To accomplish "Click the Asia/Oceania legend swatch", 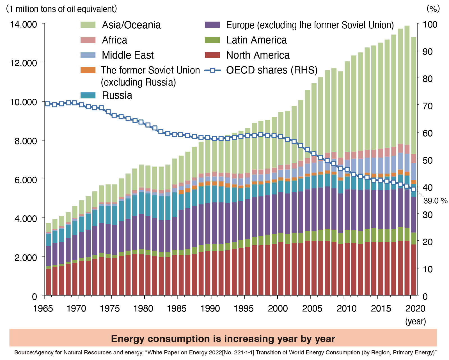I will (x=88, y=25).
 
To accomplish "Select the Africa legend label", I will (x=114, y=40).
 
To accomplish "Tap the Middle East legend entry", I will (x=128, y=55).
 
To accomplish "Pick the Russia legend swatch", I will (x=88, y=95).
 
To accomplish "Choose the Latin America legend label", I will (x=256, y=40).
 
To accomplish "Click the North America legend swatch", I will (x=212, y=55).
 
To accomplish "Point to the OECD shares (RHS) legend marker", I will (x=212, y=70).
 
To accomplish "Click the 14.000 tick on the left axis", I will (x=24, y=24).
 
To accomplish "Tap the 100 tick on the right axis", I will (x=430, y=24).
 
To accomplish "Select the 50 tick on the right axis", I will (x=428, y=160).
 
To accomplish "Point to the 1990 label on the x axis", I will (x=210, y=308).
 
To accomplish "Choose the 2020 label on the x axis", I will (x=416, y=308).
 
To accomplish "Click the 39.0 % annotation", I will (x=435, y=201).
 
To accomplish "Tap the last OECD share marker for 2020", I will (x=413, y=189).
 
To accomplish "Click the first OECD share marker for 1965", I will (x=48, y=104).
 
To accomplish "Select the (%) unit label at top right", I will (x=433, y=9).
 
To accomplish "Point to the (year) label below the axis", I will (x=416, y=321).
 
